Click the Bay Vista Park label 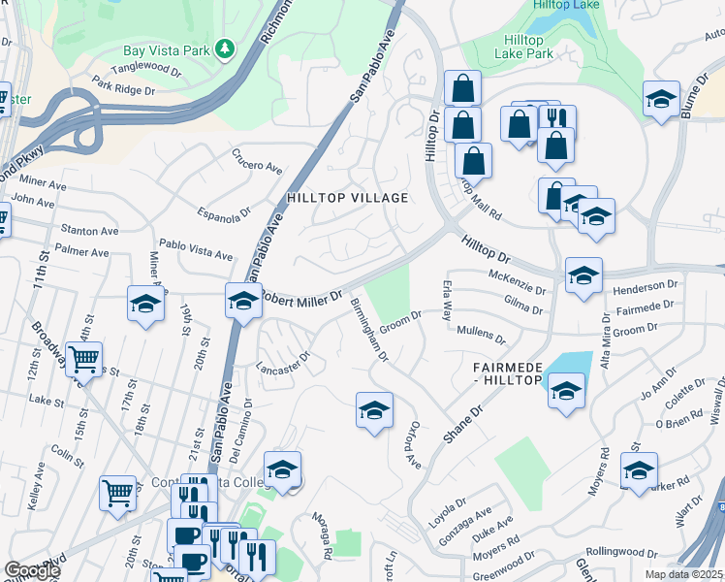pos(166,49)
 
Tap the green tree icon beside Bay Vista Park pos(225,48)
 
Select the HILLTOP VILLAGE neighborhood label pos(347,198)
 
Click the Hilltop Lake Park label pos(523,47)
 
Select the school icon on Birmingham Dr pos(374,409)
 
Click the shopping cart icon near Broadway pos(83,361)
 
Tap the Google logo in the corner pos(33,570)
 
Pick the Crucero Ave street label pos(256,160)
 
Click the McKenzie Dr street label pos(518,282)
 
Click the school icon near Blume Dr pos(661,99)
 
